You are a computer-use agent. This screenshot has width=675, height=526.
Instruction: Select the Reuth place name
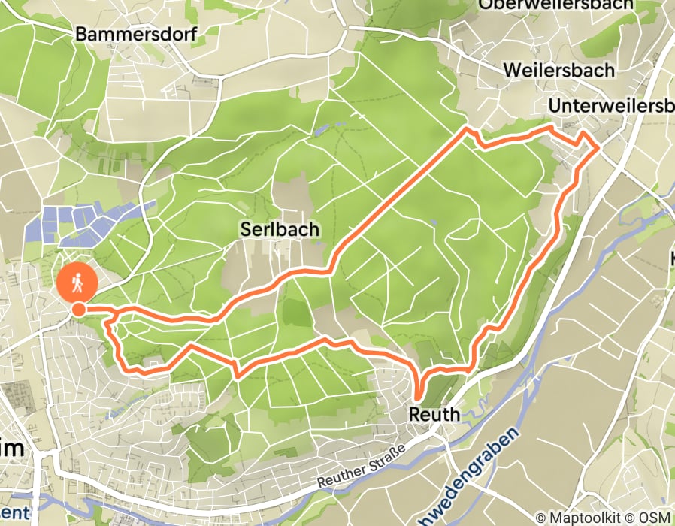434,413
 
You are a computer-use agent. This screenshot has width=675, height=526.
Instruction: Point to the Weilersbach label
558,70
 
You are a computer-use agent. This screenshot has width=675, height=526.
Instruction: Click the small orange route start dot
78,308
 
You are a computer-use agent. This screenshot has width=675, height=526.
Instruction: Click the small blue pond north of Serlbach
322,129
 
